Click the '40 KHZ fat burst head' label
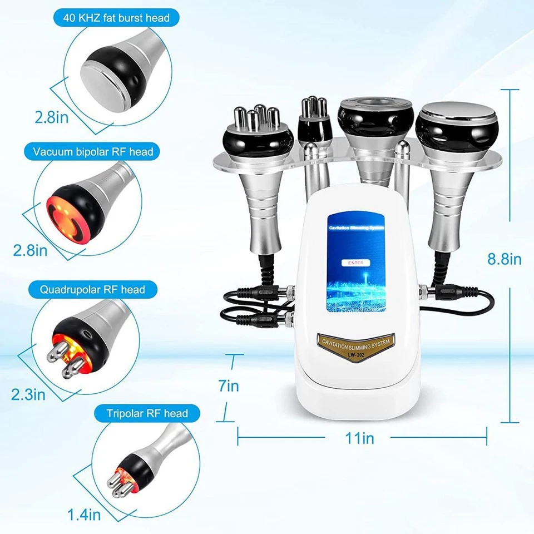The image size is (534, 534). coord(111,18)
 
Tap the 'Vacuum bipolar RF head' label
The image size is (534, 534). coord(93,151)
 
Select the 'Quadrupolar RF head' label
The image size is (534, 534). coord(92,289)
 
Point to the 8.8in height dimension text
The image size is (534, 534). coord(504,259)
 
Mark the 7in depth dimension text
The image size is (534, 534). coord(228,385)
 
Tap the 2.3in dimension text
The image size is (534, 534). coord(28,395)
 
